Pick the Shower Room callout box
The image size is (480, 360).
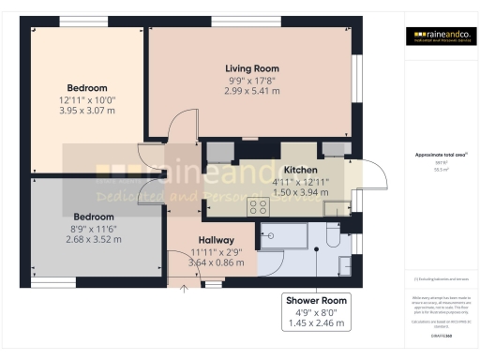pos(316,311)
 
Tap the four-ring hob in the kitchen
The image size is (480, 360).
pos(259,205)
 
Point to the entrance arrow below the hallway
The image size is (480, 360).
pos(184,288)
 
